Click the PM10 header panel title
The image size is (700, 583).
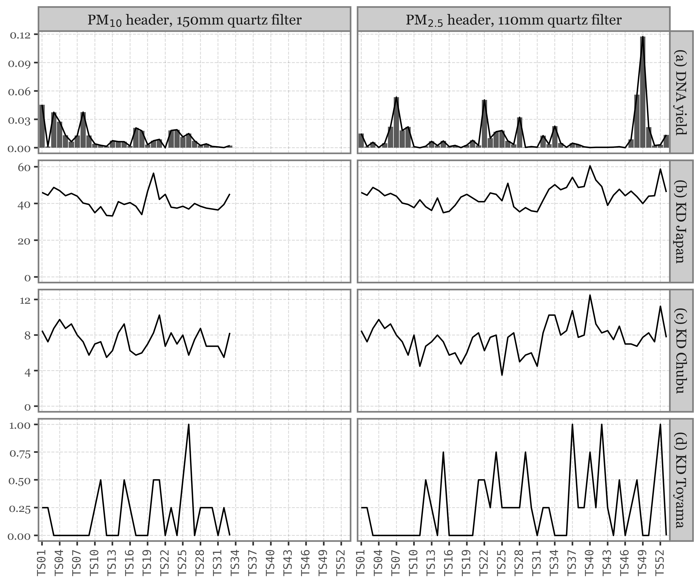tap(194, 20)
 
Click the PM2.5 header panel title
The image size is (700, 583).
tap(513, 20)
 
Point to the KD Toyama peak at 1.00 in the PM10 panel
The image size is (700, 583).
tap(189, 424)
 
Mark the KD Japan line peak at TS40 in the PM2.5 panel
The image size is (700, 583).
tap(590, 166)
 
